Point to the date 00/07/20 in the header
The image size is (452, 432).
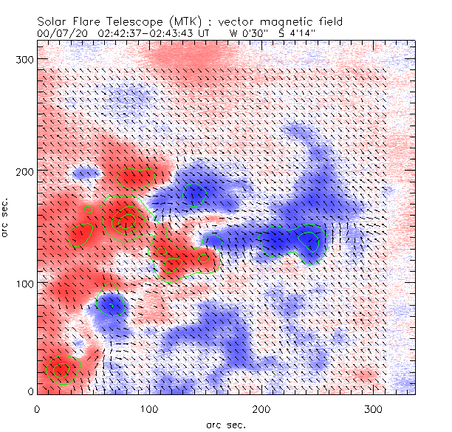(x=60, y=33)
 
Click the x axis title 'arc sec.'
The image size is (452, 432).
(x=225, y=424)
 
